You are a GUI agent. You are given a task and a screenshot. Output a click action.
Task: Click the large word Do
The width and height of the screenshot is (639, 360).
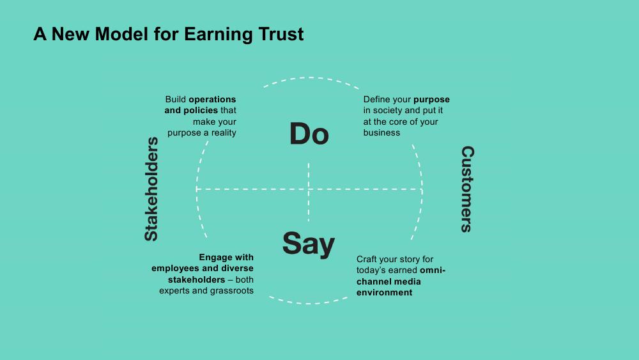[309, 134]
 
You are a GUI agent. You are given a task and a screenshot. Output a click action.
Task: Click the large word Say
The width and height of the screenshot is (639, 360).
[309, 244]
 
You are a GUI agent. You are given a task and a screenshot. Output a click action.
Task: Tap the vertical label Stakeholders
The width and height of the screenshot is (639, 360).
[151, 189]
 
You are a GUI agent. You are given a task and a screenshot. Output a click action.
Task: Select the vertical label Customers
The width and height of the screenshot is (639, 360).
[468, 189]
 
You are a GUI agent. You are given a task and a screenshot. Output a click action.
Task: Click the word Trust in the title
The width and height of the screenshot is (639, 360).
[281, 34]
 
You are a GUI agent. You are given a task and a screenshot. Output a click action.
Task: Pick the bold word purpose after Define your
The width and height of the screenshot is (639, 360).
[431, 100]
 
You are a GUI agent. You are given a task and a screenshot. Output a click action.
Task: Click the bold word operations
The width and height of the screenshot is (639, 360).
[212, 100]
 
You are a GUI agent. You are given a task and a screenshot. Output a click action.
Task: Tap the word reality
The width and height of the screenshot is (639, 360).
[224, 133]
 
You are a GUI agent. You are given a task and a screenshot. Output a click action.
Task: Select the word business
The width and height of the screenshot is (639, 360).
[382, 132]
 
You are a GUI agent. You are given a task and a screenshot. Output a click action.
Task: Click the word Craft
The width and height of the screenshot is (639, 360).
[366, 260]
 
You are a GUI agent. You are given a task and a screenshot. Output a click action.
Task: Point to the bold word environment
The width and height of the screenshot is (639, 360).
[384, 293]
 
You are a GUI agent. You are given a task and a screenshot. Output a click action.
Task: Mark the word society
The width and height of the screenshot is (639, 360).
[388, 111]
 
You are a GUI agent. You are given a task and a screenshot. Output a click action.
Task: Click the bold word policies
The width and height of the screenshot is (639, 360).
[201, 111]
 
